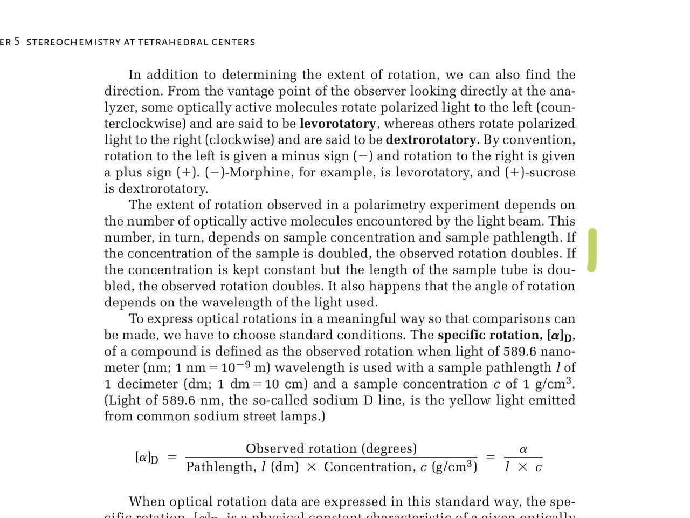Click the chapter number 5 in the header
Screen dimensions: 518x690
[17, 42]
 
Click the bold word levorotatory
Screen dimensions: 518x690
[337, 124]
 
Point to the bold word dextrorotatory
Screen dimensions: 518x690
[431, 140]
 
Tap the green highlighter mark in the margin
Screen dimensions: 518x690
[592, 250]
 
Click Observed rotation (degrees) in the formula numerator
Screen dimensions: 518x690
[331, 448]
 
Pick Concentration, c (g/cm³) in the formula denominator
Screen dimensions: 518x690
[401, 467]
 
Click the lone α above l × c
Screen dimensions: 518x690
[523, 449]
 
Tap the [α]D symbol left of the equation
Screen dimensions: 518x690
[147, 458]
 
